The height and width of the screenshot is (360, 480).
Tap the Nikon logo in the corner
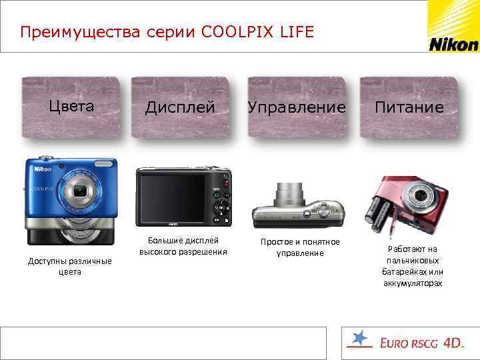tap(453, 44)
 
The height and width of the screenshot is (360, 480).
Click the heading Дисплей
tap(180, 107)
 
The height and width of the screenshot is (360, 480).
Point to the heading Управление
tap(297, 107)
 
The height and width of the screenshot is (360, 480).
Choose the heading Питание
tap(409, 107)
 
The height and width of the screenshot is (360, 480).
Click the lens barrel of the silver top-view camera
tap(291, 195)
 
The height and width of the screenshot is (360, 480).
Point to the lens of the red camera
tap(421, 197)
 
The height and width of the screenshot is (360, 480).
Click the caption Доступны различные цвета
tap(69, 266)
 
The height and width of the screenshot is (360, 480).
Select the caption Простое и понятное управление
tap(300, 247)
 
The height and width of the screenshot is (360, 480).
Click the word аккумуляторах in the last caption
tap(413, 283)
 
